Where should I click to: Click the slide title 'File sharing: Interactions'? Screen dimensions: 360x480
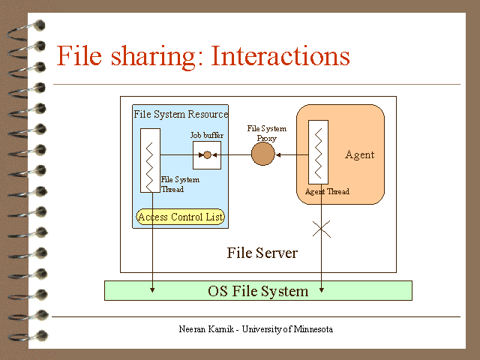pyautogui.click(x=203, y=56)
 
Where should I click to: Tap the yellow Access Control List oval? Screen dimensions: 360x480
pyautogui.click(x=181, y=217)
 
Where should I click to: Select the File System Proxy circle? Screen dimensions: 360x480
pyautogui.click(x=262, y=154)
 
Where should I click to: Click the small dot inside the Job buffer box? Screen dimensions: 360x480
pyautogui.click(x=208, y=155)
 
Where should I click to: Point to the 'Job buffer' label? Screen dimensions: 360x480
pyautogui.click(x=207, y=136)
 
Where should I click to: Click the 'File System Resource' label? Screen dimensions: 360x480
pyautogui.click(x=181, y=114)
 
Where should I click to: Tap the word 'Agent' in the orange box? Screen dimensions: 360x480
pyautogui.click(x=359, y=155)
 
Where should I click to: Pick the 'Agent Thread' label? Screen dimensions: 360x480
pyautogui.click(x=327, y=192)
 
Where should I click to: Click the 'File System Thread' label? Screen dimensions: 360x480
pyautogui.click(x=180, y=184)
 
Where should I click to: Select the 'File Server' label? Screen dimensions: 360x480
pyautogui.click(x=262, y=253)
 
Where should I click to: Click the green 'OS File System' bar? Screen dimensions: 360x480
pyautogui.click(x=258, y=291)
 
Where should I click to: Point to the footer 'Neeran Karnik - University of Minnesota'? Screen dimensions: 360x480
pyautogui.click(x=256, y=329)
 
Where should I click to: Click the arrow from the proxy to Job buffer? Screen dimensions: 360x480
pyautogui.click(x=232, y=155)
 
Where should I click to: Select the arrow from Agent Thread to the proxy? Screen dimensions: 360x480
pyautogui.click(x=292, y=155)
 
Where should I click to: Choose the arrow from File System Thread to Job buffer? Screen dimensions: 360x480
pyautogui.click(x=180, y=155)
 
